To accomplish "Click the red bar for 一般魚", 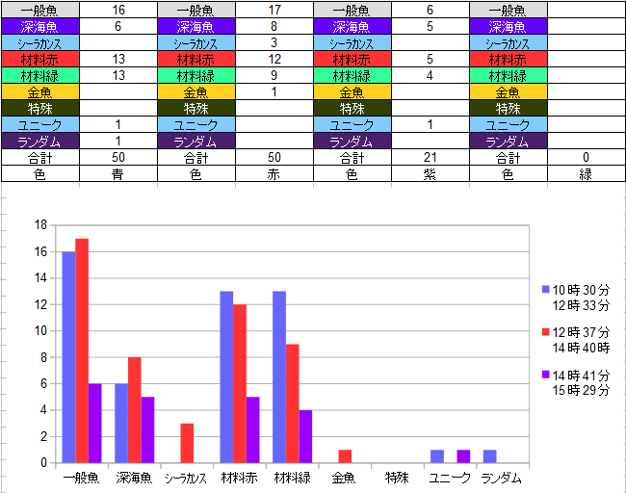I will tap(82, 350).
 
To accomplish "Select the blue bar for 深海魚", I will tap(121, 423).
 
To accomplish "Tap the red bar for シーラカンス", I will tap(187, 443).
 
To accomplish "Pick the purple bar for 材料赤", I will tap(253, 429).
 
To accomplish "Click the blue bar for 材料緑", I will tap(279, 376).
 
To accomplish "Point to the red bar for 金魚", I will tap(345, 456).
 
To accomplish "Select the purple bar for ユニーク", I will tap(463, 456).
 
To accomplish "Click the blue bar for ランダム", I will tap(489, 456).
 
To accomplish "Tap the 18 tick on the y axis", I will tap(41, 225).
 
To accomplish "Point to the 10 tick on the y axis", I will tap(41, 331).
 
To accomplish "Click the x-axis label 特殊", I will tap(397, 478).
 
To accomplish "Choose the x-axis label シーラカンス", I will tap(187, 478).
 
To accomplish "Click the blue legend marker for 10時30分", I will tap(546, 289).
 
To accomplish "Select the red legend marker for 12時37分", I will tap(546, 331).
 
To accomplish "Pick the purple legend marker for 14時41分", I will tap(546, 375).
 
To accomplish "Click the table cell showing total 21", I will tap(430, 157).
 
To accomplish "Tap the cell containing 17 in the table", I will tap(274, 11).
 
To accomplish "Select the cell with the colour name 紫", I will tap(430, 174).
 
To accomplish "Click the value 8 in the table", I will tap(274, 27).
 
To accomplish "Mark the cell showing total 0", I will tap(586, 157).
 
